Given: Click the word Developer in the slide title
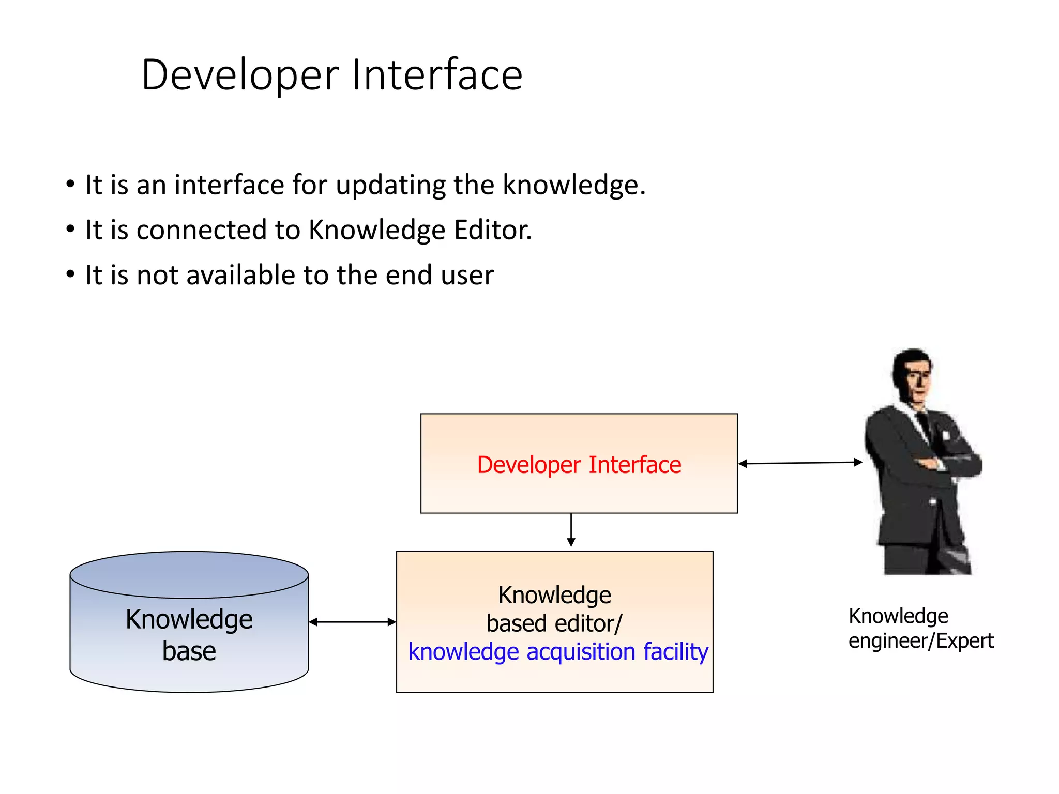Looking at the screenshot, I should [x=240, y=75].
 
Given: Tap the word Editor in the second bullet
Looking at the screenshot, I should [x=492, y=230].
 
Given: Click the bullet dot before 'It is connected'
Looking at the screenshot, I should [x=70, y=229].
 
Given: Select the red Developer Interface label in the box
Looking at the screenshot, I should [x=579, y=464].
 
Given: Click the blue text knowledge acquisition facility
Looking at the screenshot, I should [x=557, y=651].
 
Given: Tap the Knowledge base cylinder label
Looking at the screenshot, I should [x=189, y=634].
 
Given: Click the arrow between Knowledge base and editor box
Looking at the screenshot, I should [x=352, y=622].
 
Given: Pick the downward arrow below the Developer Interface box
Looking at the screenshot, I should [x=571, y=530].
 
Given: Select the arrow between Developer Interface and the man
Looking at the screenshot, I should [x=800, y=463].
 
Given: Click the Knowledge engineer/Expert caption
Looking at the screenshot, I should [x=920, y=628].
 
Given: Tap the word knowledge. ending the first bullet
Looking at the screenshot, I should [x=574, y=185].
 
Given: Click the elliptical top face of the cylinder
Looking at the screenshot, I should [x=189, y=574].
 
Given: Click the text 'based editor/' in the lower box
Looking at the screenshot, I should [x=554, y=623].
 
